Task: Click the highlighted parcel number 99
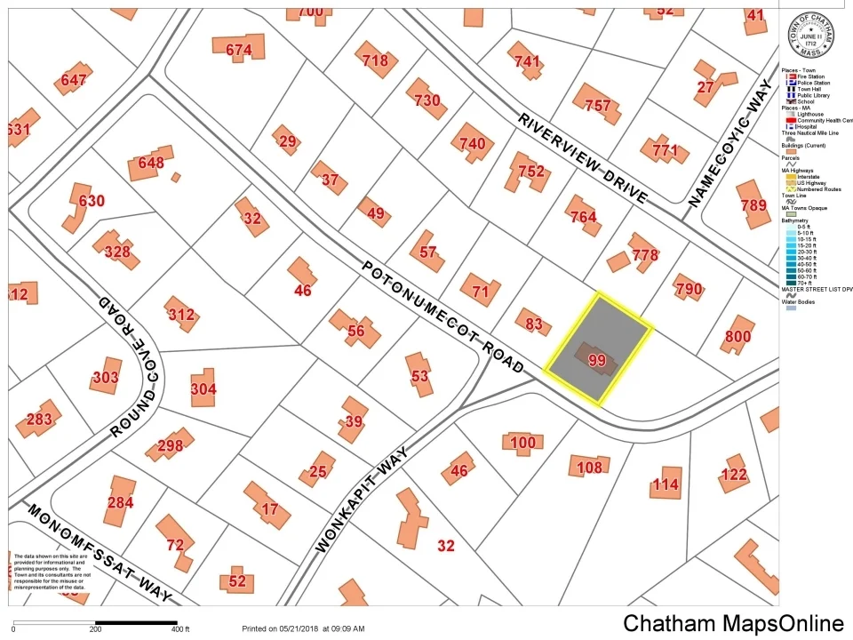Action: coord(597,360)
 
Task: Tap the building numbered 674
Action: coord(239,51)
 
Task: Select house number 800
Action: coord(737,337)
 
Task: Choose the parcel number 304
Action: coord(203,388)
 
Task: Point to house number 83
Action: coord(533,324)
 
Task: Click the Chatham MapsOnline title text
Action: coord(733,622)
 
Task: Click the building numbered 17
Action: coord(270,509)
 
